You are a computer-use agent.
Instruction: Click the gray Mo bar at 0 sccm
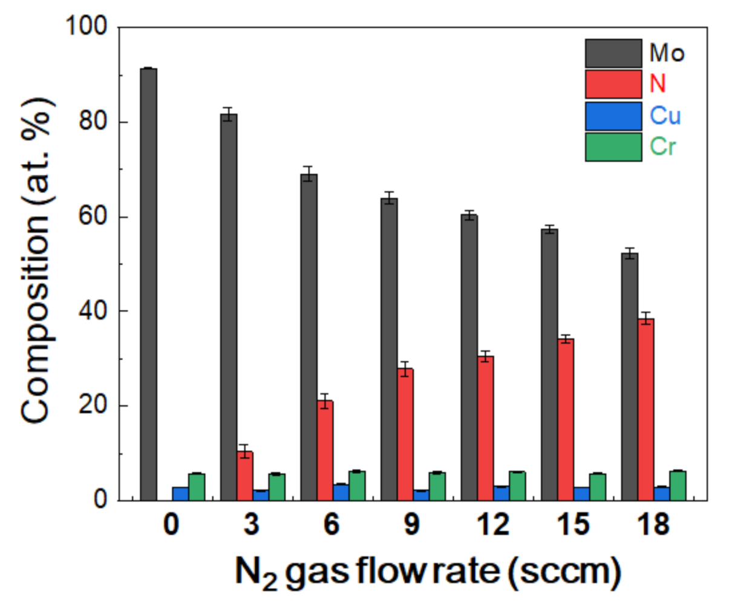coord(148,284)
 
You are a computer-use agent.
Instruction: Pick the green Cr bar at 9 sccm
coord(437,487)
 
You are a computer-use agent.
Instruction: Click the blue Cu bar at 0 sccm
coord(180,494)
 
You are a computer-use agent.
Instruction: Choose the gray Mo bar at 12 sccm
coord(469,357)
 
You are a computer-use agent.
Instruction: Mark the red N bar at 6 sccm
coord(325,450)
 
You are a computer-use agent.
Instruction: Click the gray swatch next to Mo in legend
coord(613,53)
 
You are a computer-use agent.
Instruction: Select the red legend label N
coord(658,84)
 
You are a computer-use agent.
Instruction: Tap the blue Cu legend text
coord(665,115)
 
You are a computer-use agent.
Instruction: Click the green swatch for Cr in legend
coord(613,146)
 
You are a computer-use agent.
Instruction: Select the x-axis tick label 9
coord(411,524)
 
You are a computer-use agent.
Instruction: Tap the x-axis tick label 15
coord(572,524)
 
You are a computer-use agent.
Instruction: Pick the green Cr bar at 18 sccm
coord(678,485)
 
